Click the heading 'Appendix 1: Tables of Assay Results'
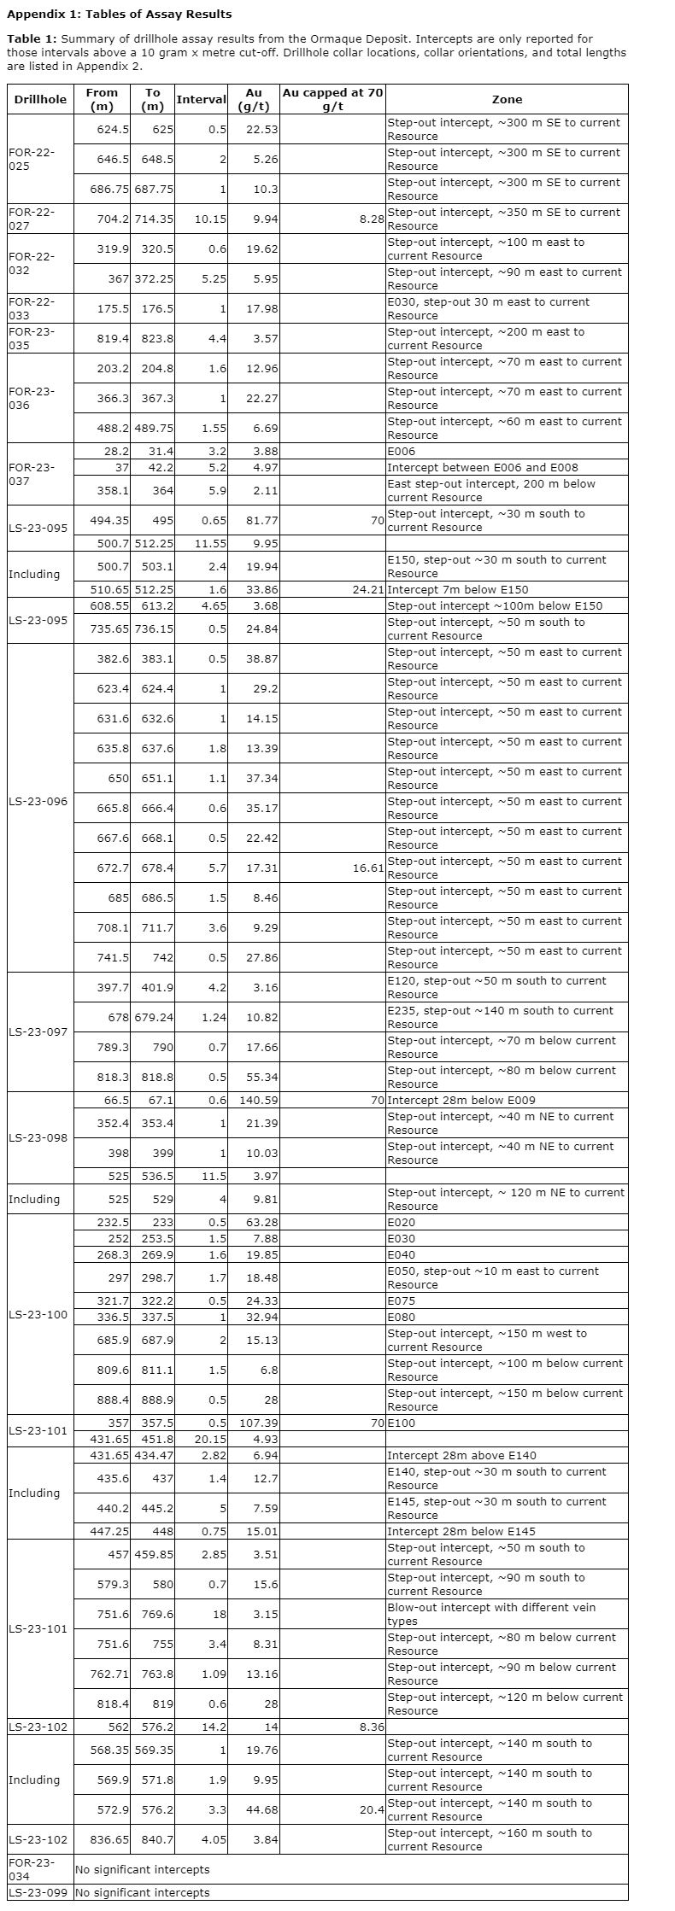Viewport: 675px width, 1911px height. pyautogui.click(x=119, y=14)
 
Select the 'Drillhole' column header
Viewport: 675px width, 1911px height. pyautogui.click(x=40, y=99)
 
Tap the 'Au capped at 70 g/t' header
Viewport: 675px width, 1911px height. pyautogui.click(x=332, y=99)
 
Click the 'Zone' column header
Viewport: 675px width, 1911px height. pyautogui.click(x=507, y=99)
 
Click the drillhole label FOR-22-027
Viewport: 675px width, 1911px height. pyautogui.click(x=32, y=219)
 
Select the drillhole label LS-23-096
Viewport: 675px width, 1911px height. pyautogui.click(x=38, y=801)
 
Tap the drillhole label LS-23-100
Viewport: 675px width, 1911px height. pyautogui.click(x=38, y=1313)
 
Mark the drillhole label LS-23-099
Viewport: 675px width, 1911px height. pyautogui.click(x=38, y=1902)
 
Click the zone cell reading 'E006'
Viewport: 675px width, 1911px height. pyautogui.click(x=402, y=451)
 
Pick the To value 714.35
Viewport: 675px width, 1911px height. pyautogui.click(x=154, y=219)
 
